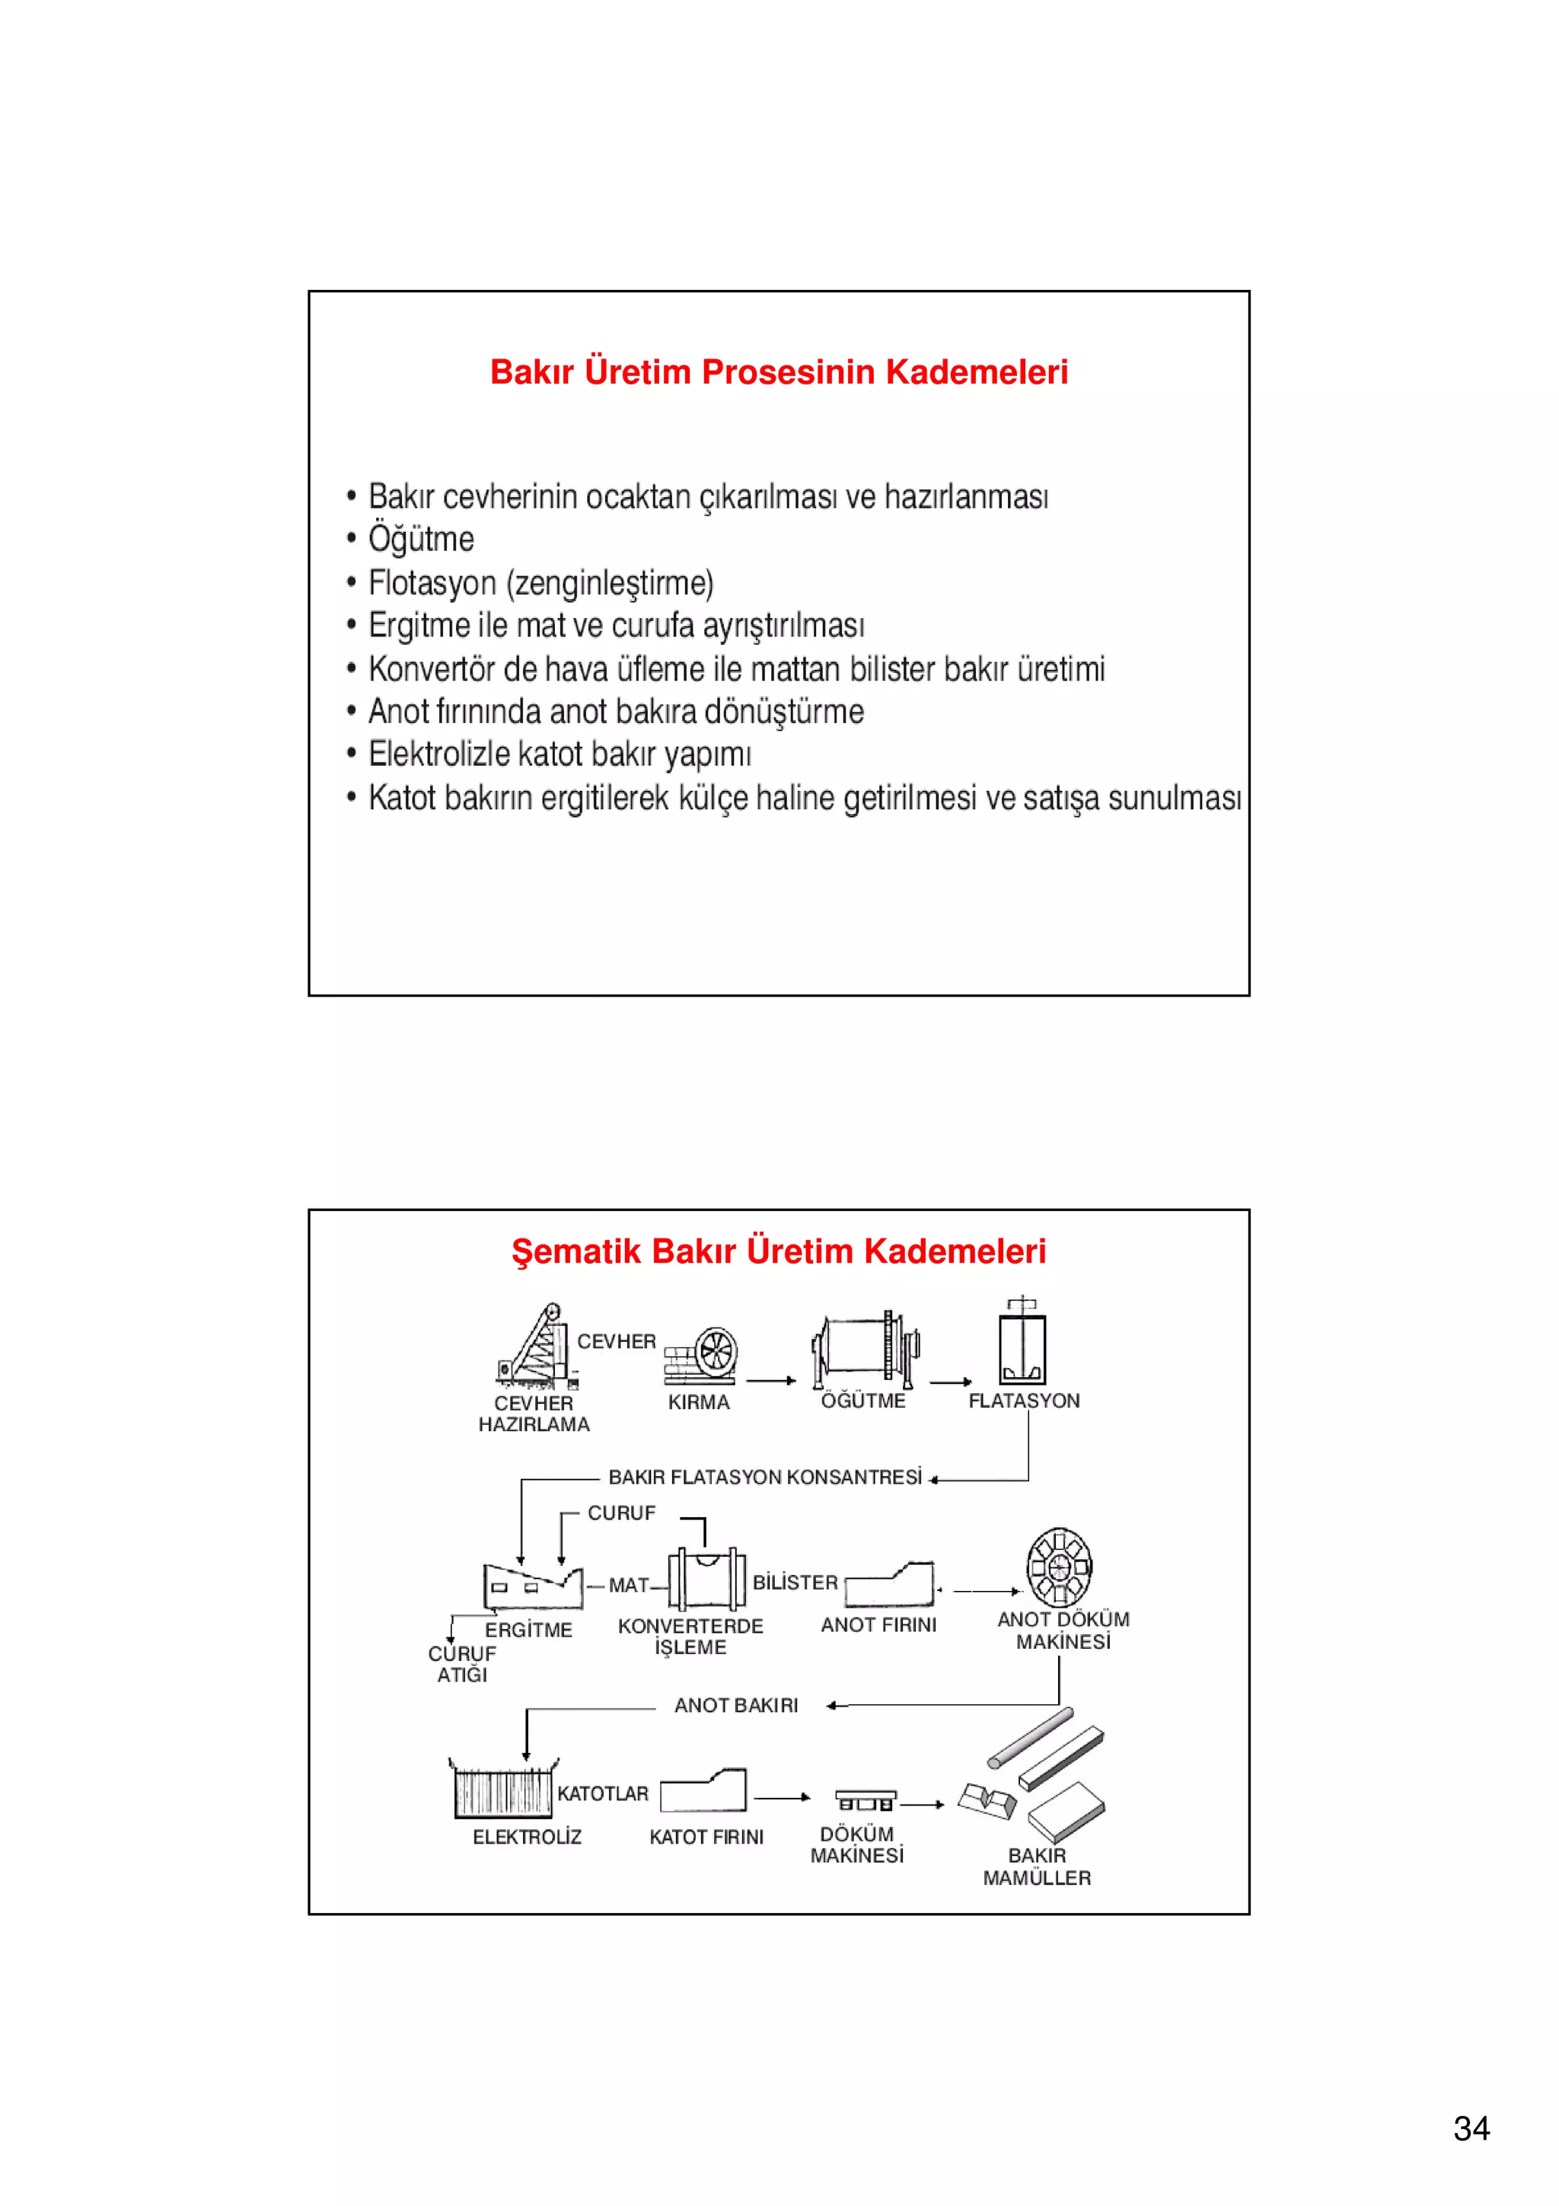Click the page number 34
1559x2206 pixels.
[x=1471, y=2128]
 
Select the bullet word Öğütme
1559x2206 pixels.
[x=421, y=539]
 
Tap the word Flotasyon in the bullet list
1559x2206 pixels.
[x=432, y=582]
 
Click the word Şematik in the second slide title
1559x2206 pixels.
[x=575, y=1251]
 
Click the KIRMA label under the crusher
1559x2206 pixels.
[x=698, y=1402]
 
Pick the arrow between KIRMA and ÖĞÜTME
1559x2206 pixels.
[x=771, y=1381]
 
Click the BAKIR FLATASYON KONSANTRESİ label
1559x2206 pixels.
[x=764, y=1477]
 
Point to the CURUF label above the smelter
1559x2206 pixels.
[x=621, y=1513]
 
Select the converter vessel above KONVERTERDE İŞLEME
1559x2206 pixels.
[x=707, y=1578]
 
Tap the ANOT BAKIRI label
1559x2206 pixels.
[x=736, y=1704]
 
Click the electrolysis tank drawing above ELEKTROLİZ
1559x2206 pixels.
[x=503, y=1789]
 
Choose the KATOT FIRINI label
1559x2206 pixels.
[x=706, y=1836]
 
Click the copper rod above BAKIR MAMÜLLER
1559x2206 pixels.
[x=1031, y=1737]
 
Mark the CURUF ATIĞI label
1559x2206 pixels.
[x=462, y=1663]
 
